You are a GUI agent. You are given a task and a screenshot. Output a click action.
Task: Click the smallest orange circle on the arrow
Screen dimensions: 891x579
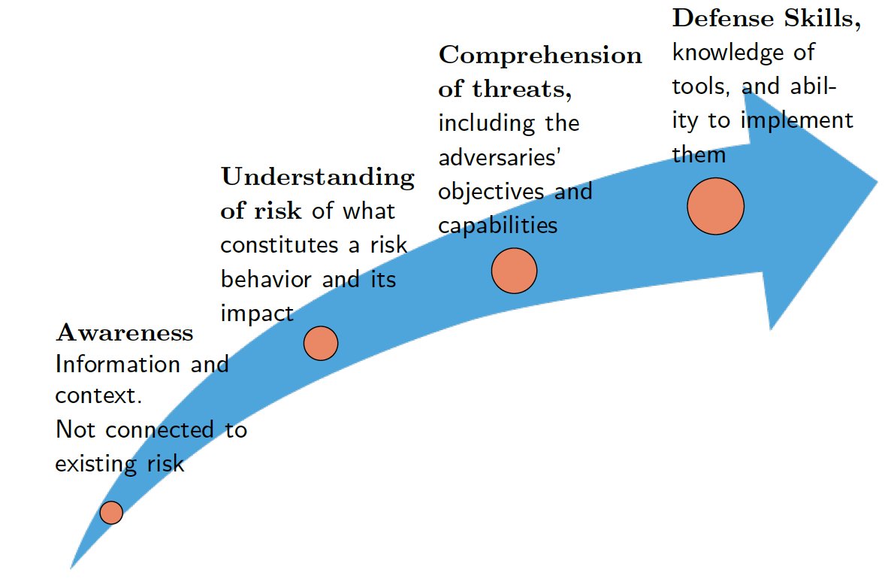[111, 513]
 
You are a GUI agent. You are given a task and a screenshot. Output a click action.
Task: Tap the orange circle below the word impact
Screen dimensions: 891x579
[321, 343]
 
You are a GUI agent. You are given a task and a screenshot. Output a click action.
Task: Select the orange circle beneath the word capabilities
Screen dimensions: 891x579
[514, 271]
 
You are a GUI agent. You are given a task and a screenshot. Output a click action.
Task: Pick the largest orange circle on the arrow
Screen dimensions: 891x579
[715, 206]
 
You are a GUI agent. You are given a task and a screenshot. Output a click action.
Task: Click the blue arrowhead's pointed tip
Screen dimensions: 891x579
[877, 183]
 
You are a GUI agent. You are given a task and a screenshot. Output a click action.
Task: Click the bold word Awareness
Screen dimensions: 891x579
[125, 332]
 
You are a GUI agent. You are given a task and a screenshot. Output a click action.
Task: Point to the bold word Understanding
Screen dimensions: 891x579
[318, 176]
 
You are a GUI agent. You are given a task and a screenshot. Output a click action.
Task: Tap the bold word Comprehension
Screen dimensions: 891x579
[540, 55]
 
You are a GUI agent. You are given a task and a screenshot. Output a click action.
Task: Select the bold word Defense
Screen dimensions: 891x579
[723, 18]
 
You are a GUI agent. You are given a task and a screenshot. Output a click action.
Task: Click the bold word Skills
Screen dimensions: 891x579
[823, 19]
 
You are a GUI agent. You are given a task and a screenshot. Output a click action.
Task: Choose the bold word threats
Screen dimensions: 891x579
[521, 89]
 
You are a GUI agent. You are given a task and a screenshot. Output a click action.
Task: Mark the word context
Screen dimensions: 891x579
[98, 396]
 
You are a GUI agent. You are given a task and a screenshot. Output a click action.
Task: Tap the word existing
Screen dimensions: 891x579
[95, 464]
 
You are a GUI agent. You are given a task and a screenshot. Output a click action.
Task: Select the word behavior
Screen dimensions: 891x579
[265, 279]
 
